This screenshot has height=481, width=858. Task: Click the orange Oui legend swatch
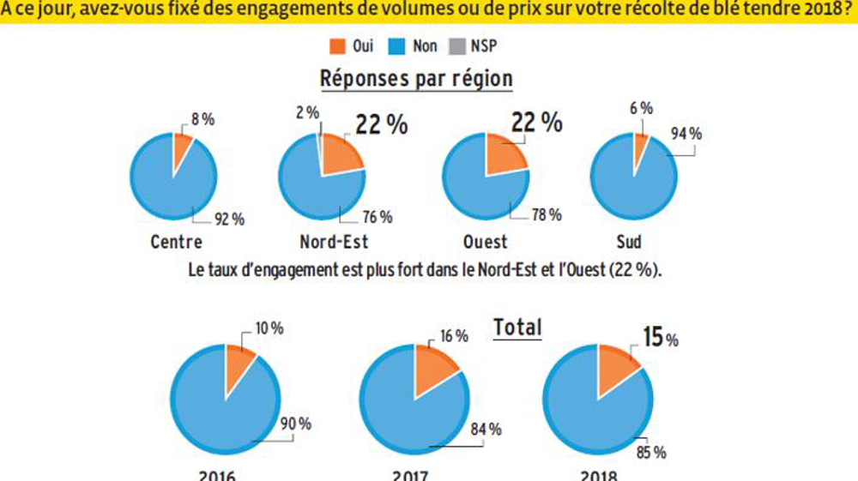click(337, 45)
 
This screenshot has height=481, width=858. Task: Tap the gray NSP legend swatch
click(457, 45)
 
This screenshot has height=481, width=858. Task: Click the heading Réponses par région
click(416, 79)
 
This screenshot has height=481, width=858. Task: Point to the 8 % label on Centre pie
click(202, 120)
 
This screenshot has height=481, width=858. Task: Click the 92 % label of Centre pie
click(229, 219)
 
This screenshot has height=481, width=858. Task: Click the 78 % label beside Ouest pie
click(547, 214)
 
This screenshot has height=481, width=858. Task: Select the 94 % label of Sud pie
click(686, 135)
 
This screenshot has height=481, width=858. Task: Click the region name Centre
click(177, 242)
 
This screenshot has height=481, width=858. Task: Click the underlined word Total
click(517, 327)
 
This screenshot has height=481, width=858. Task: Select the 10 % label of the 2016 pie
click(269, 328)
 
